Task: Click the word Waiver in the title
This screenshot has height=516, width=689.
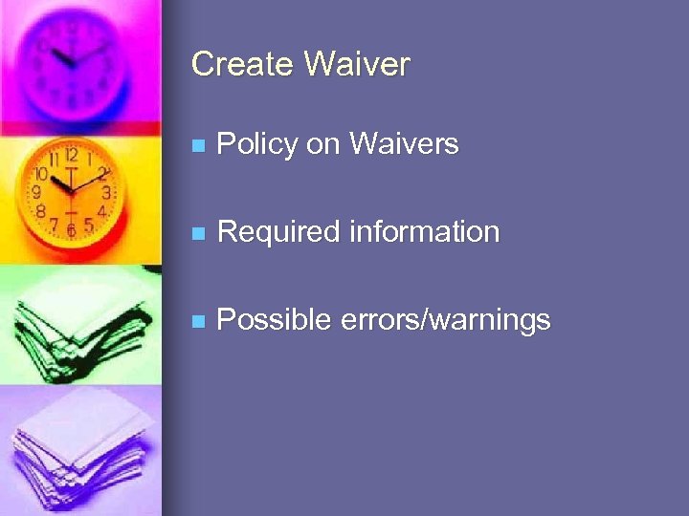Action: pos(357,65)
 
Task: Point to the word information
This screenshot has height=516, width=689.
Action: pos(424,232)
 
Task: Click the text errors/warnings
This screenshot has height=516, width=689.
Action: pos(445,320)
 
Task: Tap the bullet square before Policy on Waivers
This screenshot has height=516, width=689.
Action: pos(197,146)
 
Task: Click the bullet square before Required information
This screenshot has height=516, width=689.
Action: pos(197,233)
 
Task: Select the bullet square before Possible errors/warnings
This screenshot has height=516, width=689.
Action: pos(197,321)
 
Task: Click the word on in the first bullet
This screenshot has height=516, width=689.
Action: pos(326,145)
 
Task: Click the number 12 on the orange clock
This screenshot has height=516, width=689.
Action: pos(72,154)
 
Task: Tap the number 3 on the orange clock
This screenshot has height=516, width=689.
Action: pos(107,192)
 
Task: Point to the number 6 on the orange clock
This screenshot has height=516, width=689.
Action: pos(71,230)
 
